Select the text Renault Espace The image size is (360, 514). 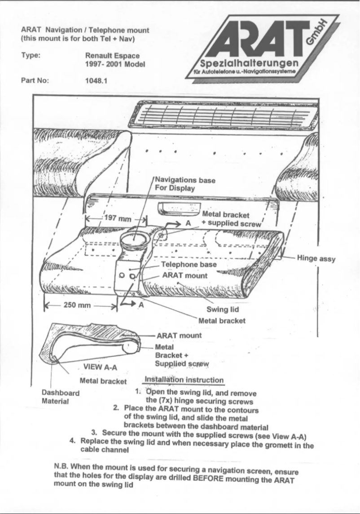(112, 56)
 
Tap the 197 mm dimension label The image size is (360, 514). (117, 219)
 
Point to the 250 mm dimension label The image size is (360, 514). (77, 306)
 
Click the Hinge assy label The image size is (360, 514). (316, 259)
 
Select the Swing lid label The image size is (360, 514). (222, 310)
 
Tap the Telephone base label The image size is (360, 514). (189, 265)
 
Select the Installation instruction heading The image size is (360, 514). (184, 381)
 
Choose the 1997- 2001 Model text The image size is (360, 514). (114, 64)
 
